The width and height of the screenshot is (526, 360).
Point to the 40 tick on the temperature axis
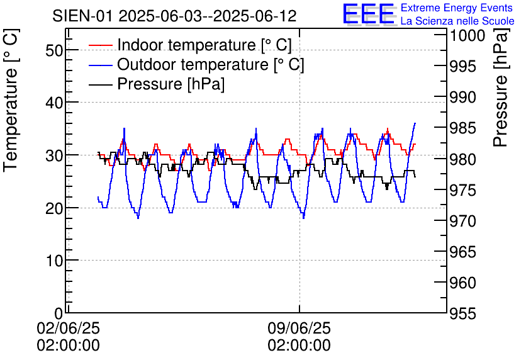pyautogui.click(x=54, y=103)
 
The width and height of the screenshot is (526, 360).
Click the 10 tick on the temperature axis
pyautogui.click(x=54, y=261)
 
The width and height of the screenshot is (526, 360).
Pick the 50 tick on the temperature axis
pyautogui.click(x=54, y=50)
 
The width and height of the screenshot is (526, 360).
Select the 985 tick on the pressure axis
pyautogui.click(x=466, y=128)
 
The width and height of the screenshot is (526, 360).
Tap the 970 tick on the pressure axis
pyautogui.click(x=466, y=222)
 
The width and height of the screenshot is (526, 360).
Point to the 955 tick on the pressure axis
pyautogui.click(x=466, y=313)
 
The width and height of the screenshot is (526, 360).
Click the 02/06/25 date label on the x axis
pyautogui.click(x=68, y=329)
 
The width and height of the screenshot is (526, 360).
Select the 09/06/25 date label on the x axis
pyautogui.click(x=299, y=329)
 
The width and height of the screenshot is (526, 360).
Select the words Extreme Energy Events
pyautogui.click(x=457, y=8)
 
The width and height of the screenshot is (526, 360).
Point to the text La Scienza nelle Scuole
pyautogui.click(x=457, y=21)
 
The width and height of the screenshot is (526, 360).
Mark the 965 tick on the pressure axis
pyautogui.click(x=466, y=252)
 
